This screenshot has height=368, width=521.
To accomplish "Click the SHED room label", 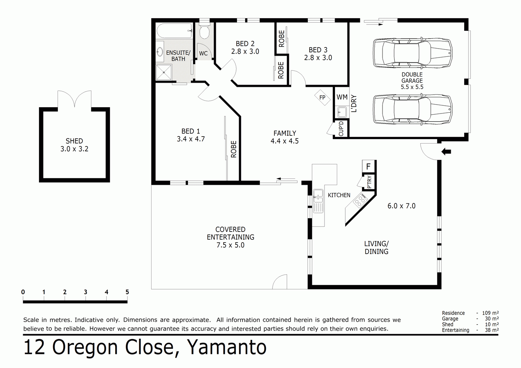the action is point(74,141).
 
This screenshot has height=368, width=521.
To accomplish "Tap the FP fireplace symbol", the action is point(322,98).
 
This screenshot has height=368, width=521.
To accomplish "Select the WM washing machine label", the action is point(342,97).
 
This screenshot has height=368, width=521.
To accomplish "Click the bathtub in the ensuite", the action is point(174,31).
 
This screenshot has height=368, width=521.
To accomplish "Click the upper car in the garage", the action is point(412,52).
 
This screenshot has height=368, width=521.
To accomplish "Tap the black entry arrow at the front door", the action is point(446,151).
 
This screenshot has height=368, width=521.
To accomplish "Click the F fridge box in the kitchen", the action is point(368,167).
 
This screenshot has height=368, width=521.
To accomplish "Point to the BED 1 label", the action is point(191,131).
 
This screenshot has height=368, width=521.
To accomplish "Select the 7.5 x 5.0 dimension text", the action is point(230,245).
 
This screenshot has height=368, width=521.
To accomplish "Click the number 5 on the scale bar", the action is point(127,292).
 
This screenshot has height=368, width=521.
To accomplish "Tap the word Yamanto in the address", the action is point(227,347).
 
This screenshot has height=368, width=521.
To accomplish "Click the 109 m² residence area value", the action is point(490,313).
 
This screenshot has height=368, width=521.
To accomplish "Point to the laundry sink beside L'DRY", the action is point(342,112).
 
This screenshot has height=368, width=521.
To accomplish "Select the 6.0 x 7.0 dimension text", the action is point(401,206).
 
